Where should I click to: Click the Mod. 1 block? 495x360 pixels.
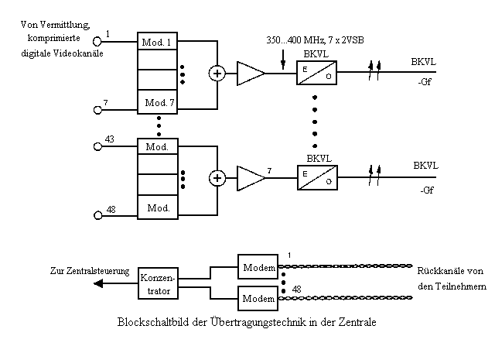(157, 41)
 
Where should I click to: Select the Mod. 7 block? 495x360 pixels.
(157, 101)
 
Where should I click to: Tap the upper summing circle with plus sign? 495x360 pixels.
(217, 74)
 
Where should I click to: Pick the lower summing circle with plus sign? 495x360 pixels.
(217, 178)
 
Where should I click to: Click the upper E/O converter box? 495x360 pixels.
(316, 73)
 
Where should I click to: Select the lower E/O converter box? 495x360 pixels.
(317, 177)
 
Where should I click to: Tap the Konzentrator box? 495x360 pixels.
(158, 283)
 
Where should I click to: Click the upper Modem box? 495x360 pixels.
(258, 266)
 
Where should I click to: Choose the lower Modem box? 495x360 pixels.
(258, 298)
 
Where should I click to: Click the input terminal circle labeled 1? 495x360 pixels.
(97, 41)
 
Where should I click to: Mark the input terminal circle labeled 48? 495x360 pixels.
(98, 215)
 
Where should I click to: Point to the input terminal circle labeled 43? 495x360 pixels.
(98, 146)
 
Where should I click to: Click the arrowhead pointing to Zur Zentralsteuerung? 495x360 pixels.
(98, 283)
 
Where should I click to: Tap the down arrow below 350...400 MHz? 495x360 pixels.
(283, 60)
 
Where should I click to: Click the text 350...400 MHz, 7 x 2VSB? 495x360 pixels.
(315, 40)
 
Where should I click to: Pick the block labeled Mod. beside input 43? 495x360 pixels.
(158, 146)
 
